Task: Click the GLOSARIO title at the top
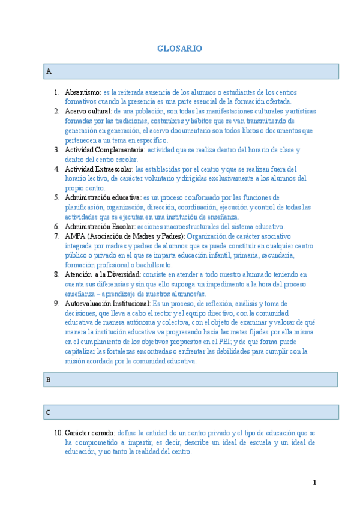179,49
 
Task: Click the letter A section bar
191,71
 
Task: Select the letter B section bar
191,379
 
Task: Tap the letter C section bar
191,412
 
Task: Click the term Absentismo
82,92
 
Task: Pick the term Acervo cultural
88,112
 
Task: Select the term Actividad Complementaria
104,150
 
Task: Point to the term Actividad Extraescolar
98,169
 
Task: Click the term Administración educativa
102,197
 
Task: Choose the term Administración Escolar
100,226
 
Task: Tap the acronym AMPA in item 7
75,236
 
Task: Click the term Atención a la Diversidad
103,274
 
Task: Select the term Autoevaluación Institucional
107,303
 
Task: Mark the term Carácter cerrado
90,433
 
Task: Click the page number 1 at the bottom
314,483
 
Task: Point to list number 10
58,433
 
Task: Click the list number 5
56,197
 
